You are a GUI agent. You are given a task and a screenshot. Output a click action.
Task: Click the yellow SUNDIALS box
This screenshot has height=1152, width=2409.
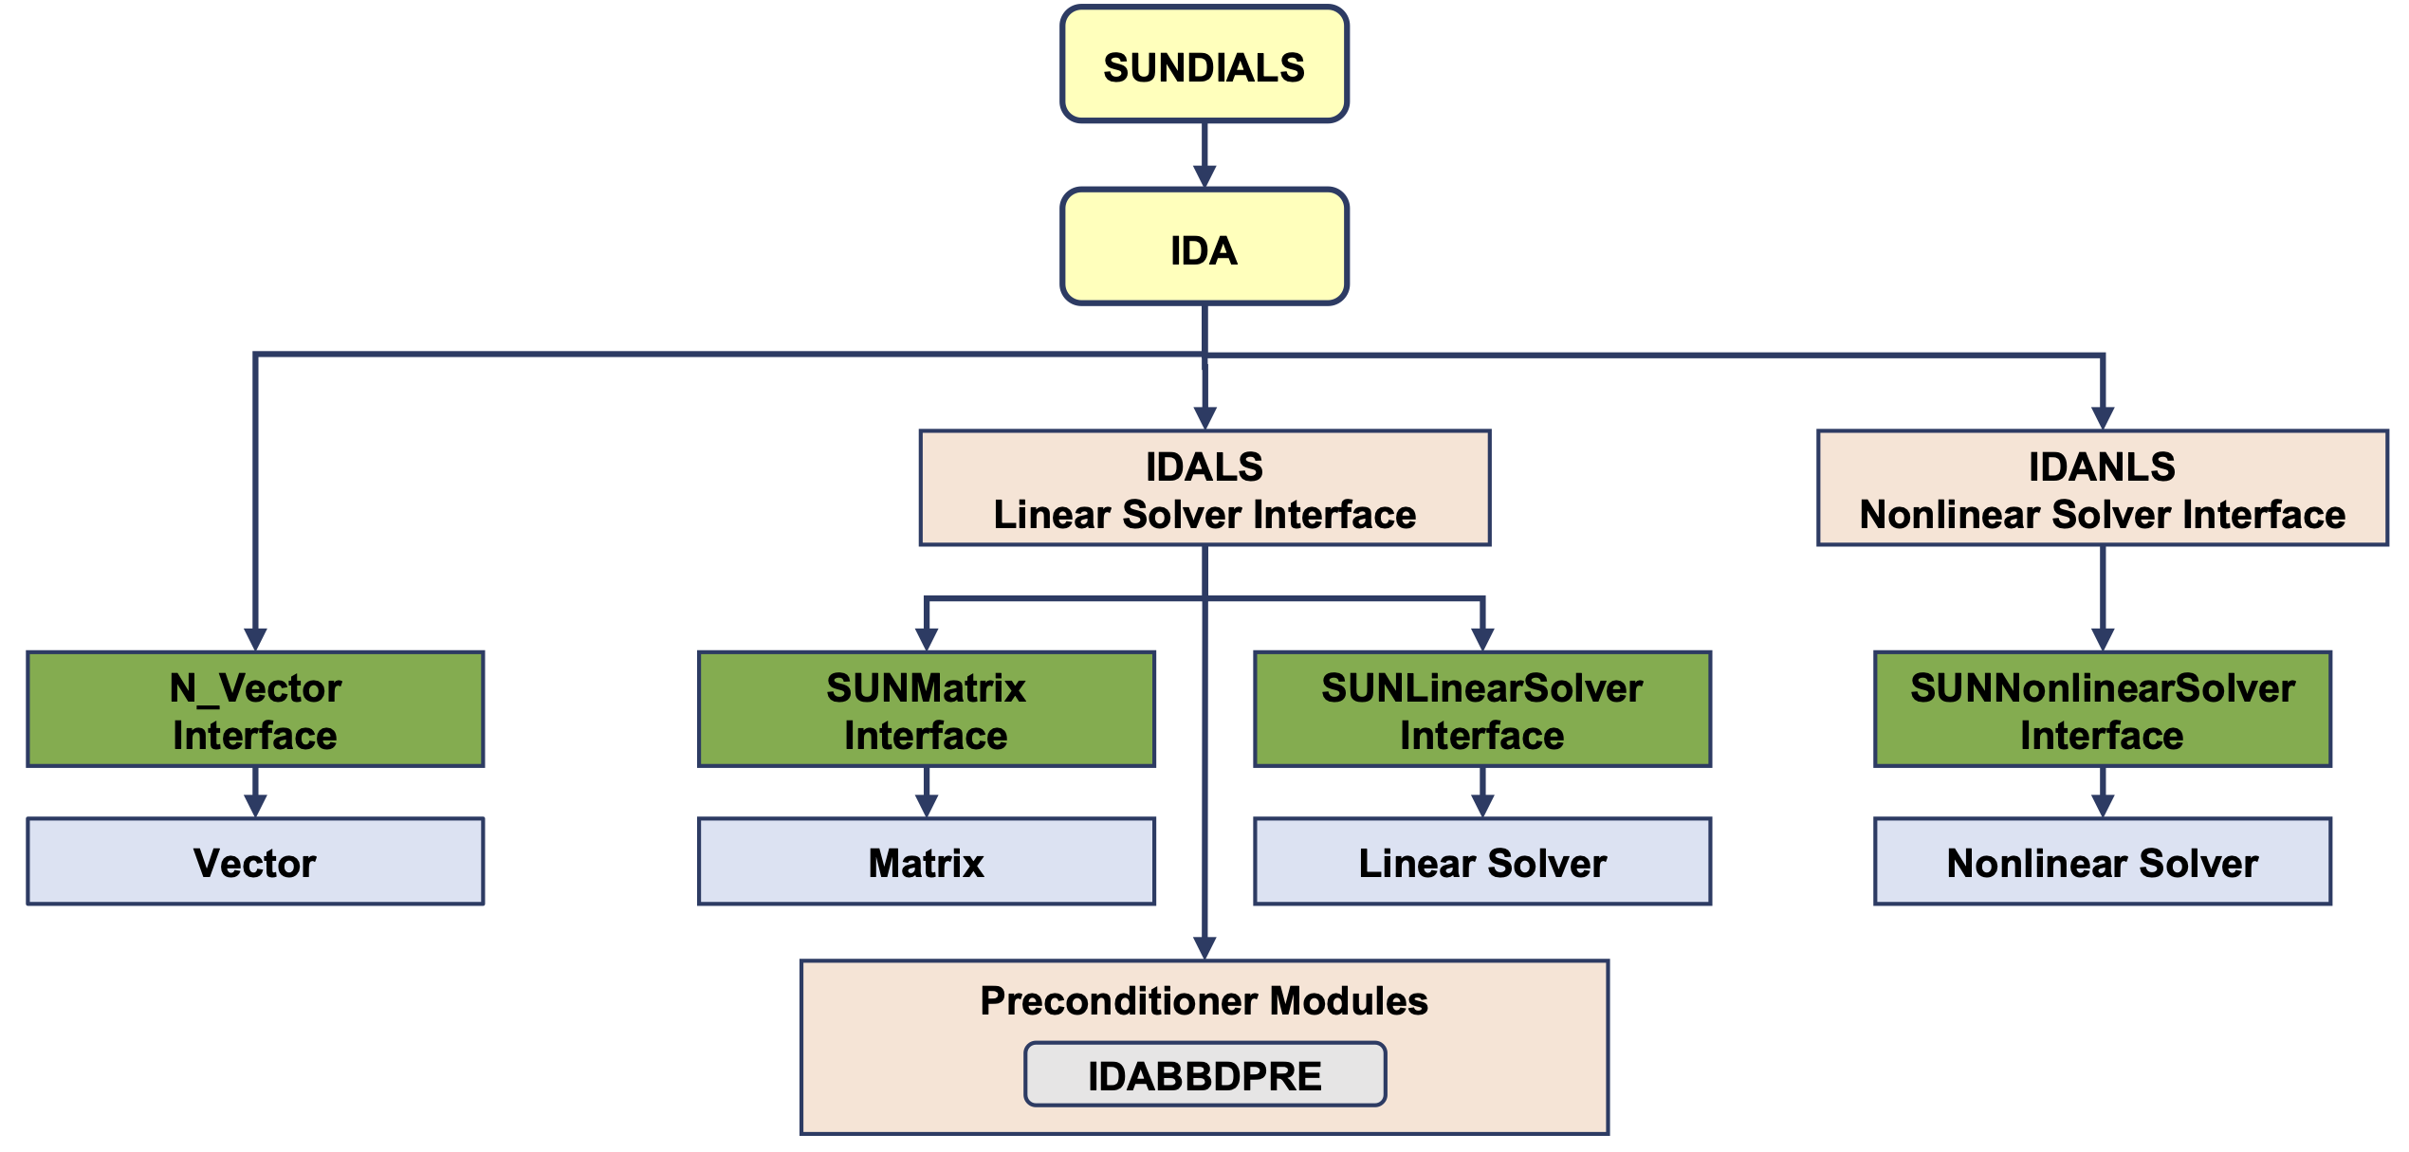[1204, 64]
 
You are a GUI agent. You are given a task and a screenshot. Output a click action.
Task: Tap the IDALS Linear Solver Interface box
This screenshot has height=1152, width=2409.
[1204, 488]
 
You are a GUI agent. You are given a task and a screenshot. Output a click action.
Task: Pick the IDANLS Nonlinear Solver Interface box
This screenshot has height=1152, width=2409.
[2102, 488]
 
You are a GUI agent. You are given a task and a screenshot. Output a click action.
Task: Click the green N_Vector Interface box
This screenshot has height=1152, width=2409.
[255, 709]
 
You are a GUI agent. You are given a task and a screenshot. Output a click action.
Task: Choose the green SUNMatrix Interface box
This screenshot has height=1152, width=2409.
[926, 709]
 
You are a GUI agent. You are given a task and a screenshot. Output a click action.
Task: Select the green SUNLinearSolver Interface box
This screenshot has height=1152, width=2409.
[1481, 709]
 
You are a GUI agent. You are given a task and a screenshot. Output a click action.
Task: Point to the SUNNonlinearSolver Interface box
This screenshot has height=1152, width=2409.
[2102, 709]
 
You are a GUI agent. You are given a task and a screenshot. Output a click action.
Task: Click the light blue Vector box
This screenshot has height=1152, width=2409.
[255, 862]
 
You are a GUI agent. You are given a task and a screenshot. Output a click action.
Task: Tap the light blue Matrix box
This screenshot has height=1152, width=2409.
[926, 862]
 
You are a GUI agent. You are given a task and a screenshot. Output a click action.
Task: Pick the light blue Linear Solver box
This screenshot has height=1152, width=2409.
[1481, 862]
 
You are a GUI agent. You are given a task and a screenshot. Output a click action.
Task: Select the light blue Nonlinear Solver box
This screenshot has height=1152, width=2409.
[2102, 862]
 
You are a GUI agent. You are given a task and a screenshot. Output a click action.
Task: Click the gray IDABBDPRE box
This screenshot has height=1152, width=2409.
[1204, 1074]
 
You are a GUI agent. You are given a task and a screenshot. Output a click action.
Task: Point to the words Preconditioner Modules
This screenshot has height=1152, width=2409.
[1204, 1001]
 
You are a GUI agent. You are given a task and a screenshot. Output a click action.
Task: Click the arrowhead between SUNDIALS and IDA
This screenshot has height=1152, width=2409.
[1204, 177]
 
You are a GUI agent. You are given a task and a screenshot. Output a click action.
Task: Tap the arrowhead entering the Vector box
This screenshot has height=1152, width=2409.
[255, 806]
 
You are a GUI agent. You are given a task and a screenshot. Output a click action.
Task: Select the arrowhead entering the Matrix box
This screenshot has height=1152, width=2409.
[927, 806]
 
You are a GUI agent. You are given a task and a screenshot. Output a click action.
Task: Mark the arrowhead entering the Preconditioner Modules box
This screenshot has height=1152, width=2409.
[1204, 948]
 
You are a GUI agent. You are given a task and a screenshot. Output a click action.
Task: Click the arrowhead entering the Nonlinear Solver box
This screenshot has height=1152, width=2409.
[2103, 806]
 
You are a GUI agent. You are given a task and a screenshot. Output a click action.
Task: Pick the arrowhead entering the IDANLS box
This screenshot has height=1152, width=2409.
[2103, 418]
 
